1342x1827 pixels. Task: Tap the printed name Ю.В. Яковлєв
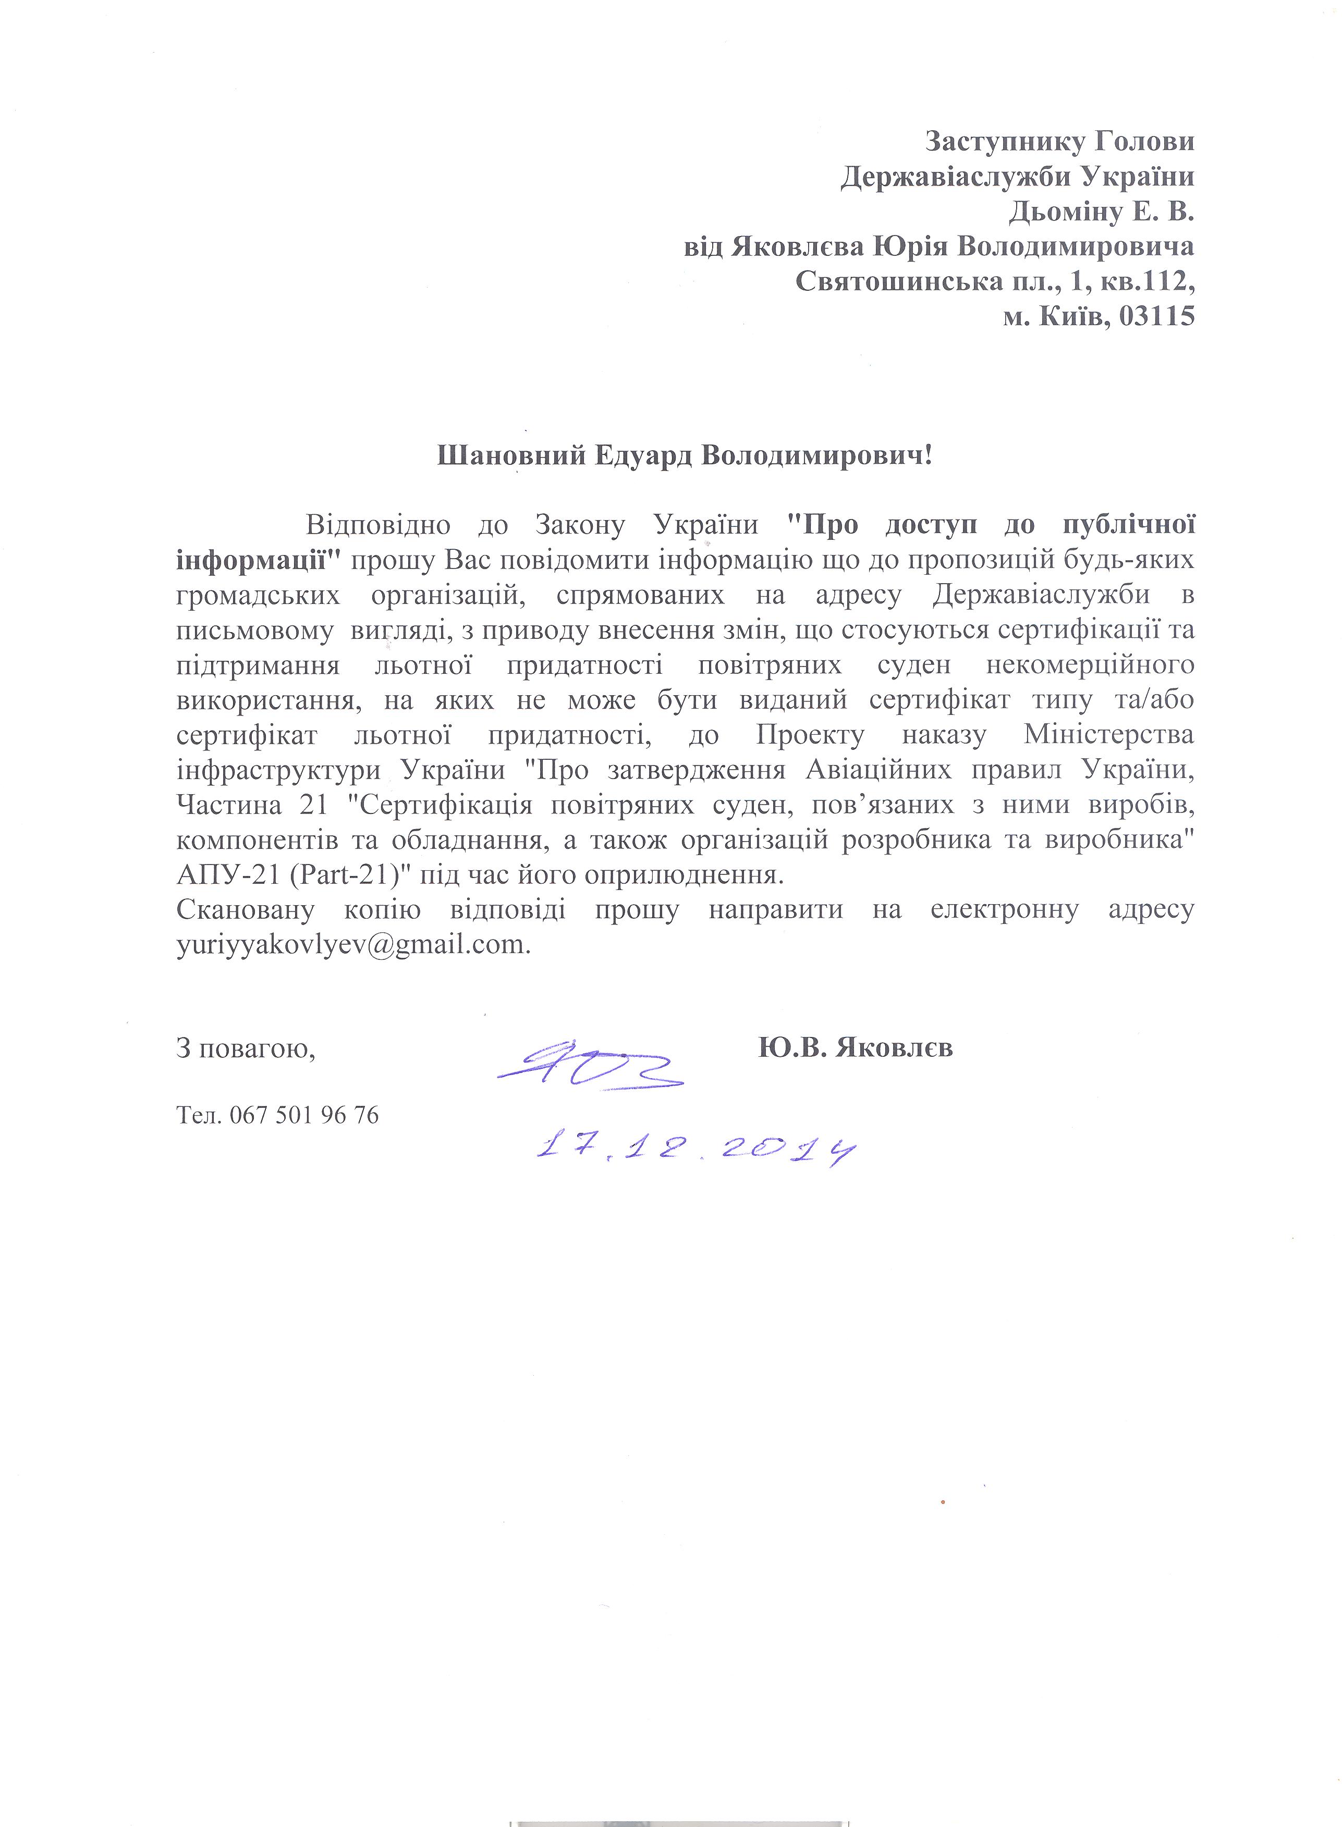(x=856, y=1047)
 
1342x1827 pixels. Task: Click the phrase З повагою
(x=246, y=1049)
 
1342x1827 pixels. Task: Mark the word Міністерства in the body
(x=1109, y=735)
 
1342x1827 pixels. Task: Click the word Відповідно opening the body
(x=378, y=525)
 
